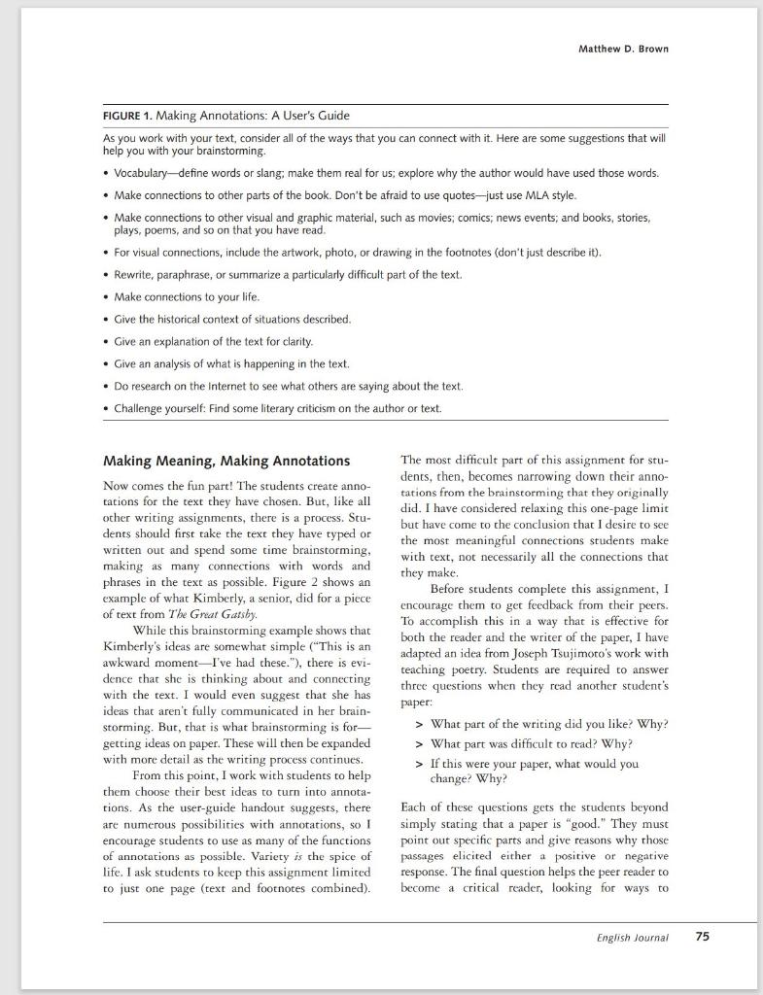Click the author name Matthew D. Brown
click(622, 49)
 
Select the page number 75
click(702, 937)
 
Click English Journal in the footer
click(632, 938)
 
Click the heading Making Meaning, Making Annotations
click(226, 461)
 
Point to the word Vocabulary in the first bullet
click(147, 173)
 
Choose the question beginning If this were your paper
click(534, 764)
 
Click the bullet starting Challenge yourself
click(277, 408)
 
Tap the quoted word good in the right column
click(585, 823)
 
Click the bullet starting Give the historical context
click(232, 319)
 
